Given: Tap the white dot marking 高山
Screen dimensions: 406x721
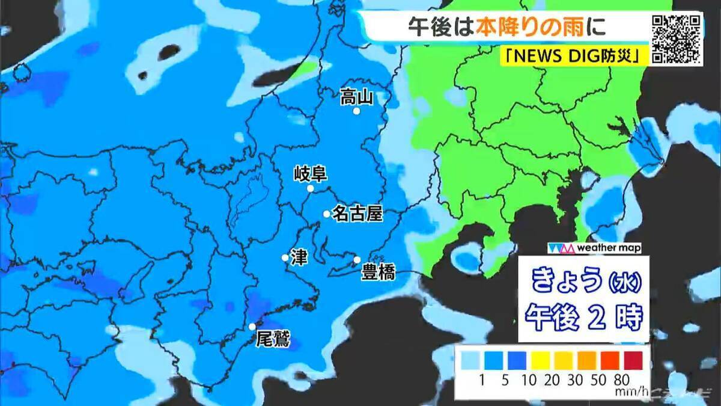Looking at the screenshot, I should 356,111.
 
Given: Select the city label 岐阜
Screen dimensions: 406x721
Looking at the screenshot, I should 310,174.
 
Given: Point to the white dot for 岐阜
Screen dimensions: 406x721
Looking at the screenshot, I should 311,188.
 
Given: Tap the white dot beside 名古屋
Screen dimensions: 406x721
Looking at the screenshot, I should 326,214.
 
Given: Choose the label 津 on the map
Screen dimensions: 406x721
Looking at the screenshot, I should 299,257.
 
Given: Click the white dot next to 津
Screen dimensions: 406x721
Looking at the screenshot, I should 285,258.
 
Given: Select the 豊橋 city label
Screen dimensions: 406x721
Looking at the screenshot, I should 378,272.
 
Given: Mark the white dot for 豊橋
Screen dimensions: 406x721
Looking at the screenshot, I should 357,260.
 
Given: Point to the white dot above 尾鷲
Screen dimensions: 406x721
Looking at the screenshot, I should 252,327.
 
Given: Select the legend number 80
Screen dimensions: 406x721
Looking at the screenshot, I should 622,380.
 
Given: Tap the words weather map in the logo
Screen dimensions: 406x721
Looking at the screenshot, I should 608,248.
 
